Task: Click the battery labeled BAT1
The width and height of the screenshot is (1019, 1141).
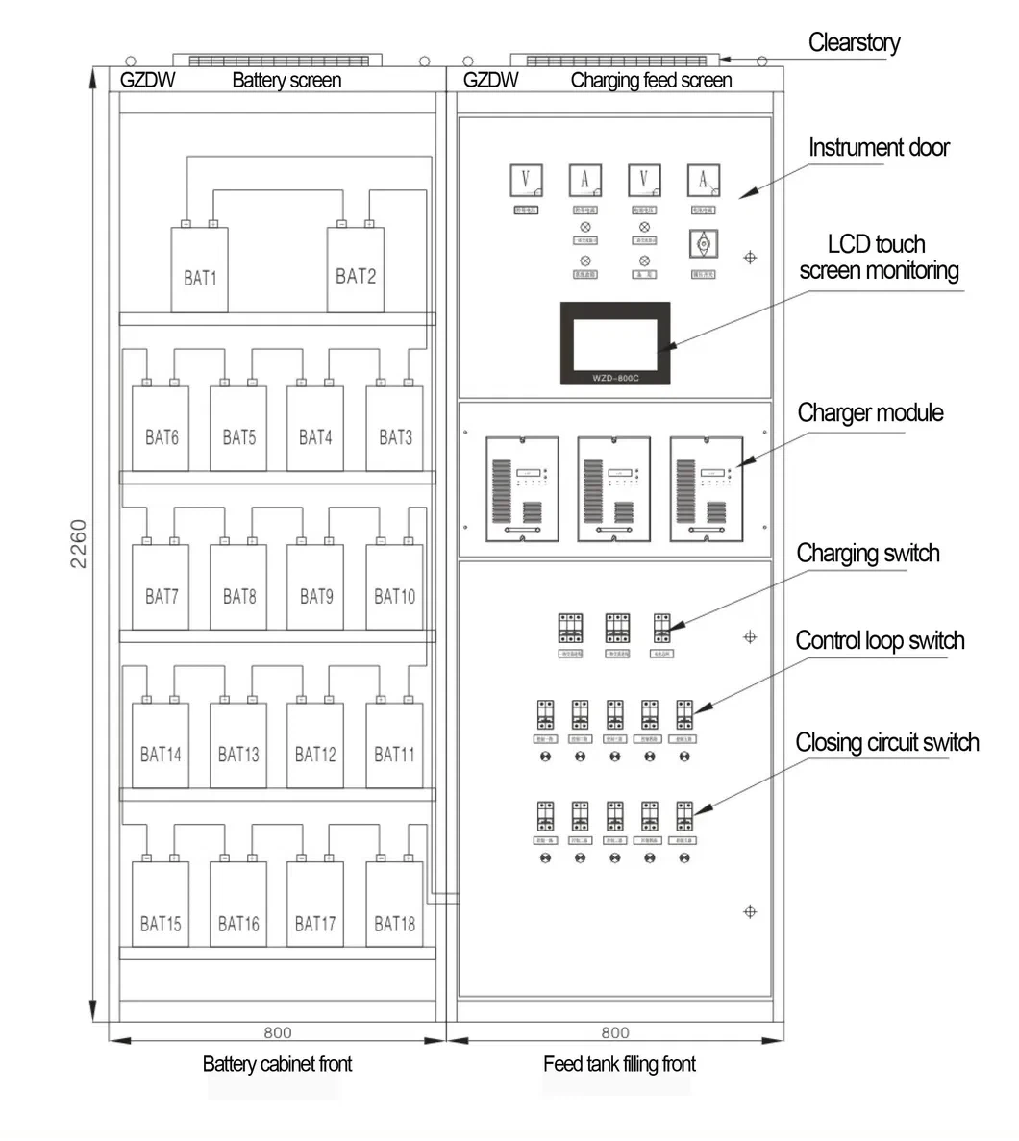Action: coord(200,270)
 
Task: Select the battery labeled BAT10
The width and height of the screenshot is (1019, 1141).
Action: coord(394,587)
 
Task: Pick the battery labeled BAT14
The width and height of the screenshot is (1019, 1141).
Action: coord(161,746)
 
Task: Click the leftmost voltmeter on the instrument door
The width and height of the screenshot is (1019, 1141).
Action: coord(526,180)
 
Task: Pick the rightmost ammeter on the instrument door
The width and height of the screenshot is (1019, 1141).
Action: coord(703,180)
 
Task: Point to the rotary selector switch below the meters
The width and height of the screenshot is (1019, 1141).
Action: coord(703,244)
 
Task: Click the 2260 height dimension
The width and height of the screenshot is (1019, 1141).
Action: coord(79,544)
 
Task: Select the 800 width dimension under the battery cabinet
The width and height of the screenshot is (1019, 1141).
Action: coord(278,1032)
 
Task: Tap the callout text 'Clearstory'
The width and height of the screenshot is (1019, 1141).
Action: coord(854,42)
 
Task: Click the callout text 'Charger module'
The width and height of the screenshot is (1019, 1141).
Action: coord(870,413)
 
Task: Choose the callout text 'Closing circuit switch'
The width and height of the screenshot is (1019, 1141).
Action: coord(886,742)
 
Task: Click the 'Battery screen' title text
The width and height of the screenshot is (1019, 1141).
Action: coord(286,81)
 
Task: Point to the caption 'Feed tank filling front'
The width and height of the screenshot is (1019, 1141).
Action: coord(619,1064)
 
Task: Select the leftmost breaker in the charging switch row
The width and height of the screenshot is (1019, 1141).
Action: coord(571,629)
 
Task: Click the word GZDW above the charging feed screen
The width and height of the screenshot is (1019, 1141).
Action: coord(490,81)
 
